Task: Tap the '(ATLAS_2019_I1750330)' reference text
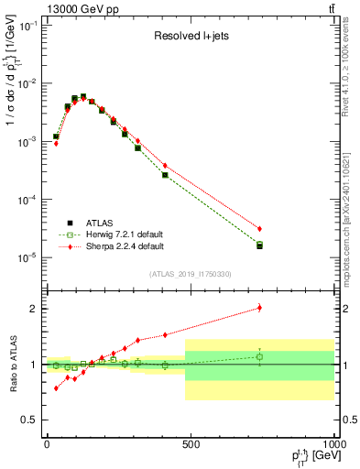tap(190, 273)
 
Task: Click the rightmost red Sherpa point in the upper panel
tap(260, 228)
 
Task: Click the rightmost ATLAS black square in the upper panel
tap(260, 245)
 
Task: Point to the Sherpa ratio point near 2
tap(260, 308)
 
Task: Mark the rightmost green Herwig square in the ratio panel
tap(260, 357)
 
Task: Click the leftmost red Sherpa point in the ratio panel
tap(56, 388)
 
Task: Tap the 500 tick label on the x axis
tap(191, 444)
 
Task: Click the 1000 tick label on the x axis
tap(333, 444)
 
